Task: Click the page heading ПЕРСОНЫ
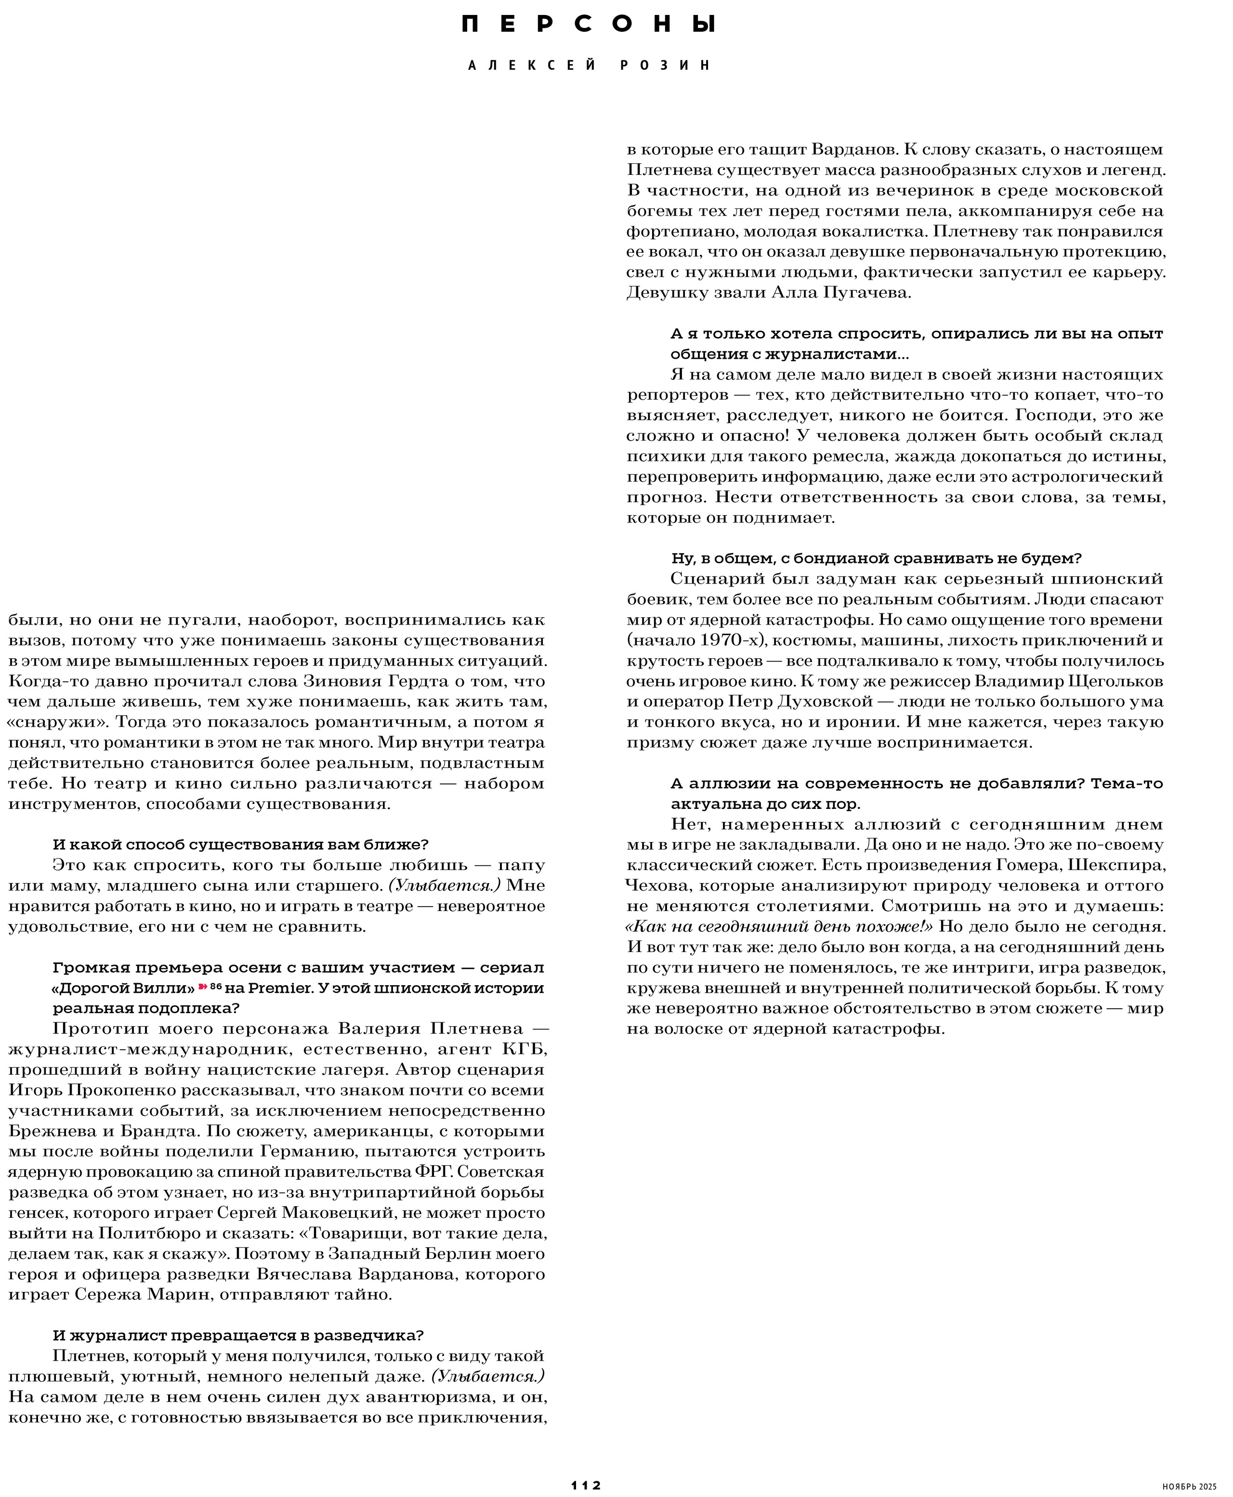588,24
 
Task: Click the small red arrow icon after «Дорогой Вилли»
202,987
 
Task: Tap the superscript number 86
216,986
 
